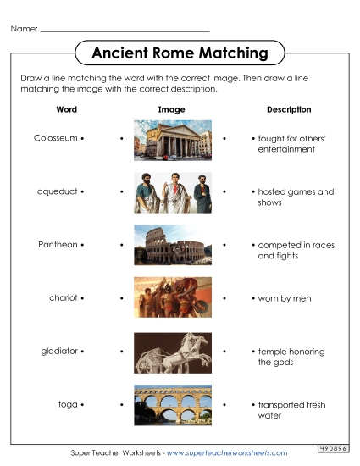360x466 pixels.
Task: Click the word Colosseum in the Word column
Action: [x=56, y=137]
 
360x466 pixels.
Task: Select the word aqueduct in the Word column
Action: [x=57, y=191]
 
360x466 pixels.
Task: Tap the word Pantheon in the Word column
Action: [x=58, y=245]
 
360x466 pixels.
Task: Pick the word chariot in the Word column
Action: [x=63, y=298]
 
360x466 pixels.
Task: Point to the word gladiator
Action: [x=59, y=351]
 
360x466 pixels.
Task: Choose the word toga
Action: [x=67, y=405]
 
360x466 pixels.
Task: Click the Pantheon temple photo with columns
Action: [x=172, y=139]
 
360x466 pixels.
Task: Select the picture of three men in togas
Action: [x=172, y=192]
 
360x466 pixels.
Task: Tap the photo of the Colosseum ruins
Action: [x=172, y=245]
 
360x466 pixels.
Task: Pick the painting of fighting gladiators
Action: [x=172, y=298]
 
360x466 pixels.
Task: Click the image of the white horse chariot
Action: [x=172, y=352]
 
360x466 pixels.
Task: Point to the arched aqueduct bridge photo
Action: [x=172, y=404]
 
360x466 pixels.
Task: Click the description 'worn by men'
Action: [x=285, y=298]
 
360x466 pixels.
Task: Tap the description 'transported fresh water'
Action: [x=291, y=410]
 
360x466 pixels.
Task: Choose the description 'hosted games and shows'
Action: [x=296, y=197]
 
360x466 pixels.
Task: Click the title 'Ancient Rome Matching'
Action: [x=180, y=53]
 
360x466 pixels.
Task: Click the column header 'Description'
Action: [x=289, y=110]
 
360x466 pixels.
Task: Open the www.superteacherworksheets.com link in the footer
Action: [x=226, y=453]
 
